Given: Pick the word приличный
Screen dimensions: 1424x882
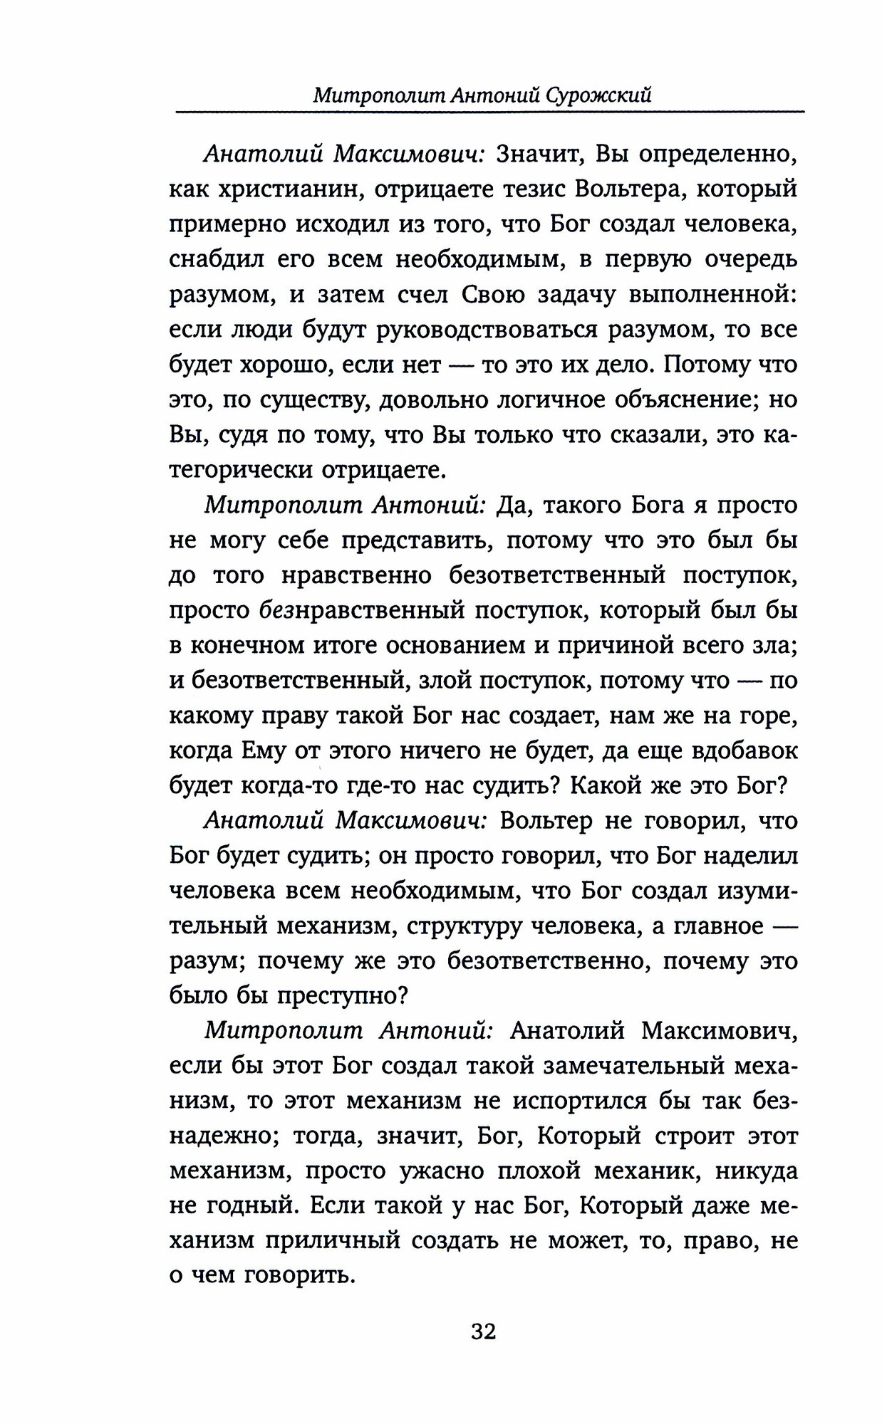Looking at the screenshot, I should pyautogui.click(x=336, y=1240).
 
